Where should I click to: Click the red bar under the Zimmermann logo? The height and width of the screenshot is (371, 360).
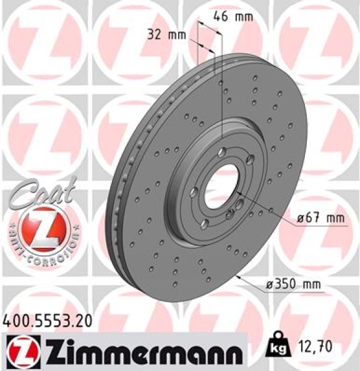[124, 367]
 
